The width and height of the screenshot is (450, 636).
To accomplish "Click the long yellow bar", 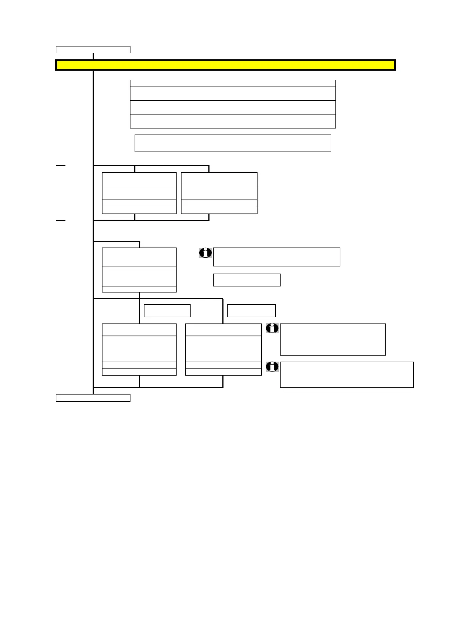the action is coord(225,65).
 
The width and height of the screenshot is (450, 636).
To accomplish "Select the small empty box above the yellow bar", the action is coord(93,50).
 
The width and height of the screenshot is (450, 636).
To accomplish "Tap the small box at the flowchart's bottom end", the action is coord(93,398).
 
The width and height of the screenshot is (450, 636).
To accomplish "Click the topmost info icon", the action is coord(205,253).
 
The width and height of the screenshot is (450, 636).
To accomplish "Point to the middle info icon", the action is coord(272,328).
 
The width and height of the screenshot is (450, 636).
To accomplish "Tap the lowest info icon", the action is coord(272,367).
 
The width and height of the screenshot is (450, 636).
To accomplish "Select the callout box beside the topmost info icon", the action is coord(276,257).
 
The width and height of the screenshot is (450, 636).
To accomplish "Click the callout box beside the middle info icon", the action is coord(332,339).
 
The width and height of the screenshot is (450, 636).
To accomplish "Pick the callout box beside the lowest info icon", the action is coord(346,374).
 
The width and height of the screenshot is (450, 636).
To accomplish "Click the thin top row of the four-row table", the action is coord(233,84).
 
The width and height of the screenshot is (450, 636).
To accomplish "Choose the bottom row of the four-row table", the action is coord(233,121).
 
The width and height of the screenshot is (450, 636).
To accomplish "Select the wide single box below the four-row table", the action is coord(233,143).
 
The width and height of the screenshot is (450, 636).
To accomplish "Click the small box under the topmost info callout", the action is coord(247,280).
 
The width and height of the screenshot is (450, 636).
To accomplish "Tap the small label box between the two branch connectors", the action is coord(167,311).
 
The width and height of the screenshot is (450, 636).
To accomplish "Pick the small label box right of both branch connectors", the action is coord(251,311).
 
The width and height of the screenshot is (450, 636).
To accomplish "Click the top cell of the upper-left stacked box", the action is coord(139,179).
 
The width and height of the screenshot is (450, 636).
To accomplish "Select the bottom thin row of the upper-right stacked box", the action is coord(219,210).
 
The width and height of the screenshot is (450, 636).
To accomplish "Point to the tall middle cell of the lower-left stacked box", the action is coord(139,349).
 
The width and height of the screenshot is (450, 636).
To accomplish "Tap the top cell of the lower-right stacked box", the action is coord(223,330).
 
